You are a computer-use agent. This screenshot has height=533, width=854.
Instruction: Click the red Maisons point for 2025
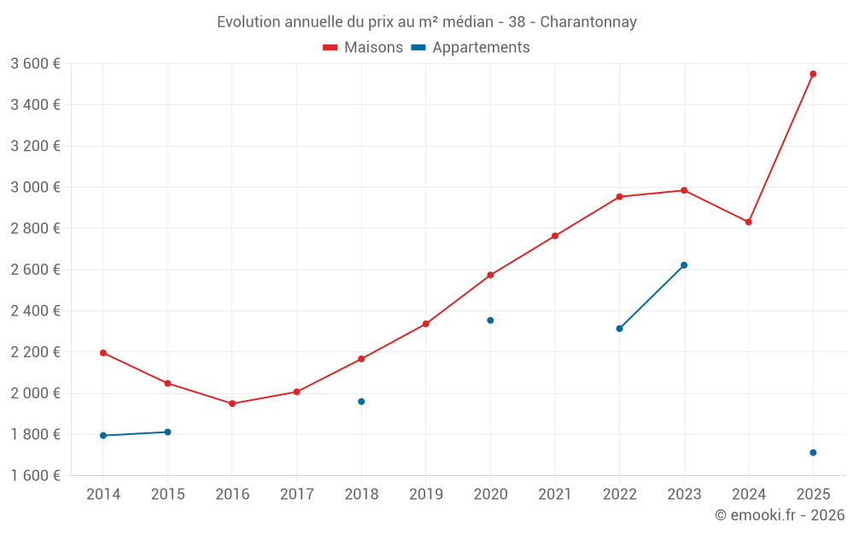point(813,74)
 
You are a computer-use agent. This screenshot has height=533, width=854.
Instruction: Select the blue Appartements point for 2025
point(813,453)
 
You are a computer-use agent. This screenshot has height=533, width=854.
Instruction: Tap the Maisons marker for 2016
point(232,403)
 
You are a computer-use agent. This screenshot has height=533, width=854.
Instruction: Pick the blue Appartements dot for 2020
point(490,321)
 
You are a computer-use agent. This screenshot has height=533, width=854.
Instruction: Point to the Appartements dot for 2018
point(361,402)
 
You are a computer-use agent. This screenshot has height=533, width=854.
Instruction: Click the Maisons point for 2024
point(748,222)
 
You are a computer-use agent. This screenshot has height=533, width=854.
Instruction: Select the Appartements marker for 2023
point(684,265)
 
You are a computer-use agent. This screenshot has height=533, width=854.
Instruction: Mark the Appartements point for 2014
point(103,436)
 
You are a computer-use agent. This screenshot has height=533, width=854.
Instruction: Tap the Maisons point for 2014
point(103,352)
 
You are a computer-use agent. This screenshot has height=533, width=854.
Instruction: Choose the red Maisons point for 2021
point(555,236)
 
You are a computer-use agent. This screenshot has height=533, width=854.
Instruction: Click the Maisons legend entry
point(363,48)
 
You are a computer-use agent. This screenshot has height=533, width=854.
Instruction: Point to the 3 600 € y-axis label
point(35,64)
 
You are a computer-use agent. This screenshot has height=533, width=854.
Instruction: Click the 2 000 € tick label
point(35,393)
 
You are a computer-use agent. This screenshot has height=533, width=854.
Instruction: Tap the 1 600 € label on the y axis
point(35,476)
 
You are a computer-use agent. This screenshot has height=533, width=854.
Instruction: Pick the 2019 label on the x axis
point(425,495)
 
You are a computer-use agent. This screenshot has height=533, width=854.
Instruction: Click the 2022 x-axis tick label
point(619,495)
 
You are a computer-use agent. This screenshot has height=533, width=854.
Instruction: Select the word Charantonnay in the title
point(588,22)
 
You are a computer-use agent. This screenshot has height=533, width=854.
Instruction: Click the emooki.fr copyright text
point(779,515)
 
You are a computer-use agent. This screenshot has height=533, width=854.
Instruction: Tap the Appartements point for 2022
point(619,328)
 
